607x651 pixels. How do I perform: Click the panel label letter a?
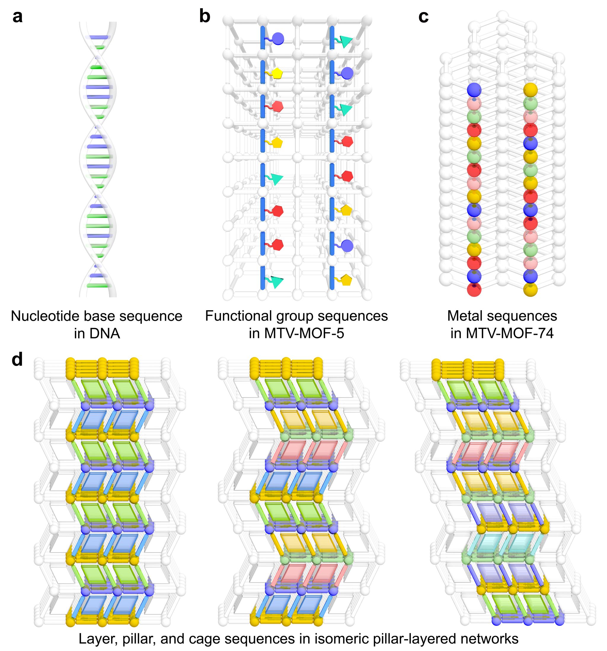click(17, 17)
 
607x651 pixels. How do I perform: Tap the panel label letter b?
click(205, 16)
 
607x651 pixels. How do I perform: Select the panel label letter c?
click(423, 17)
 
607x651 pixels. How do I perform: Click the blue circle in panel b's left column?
click(278, 38)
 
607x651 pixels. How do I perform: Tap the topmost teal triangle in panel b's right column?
click(346, 41)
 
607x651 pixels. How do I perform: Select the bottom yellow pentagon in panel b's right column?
click(346, 280)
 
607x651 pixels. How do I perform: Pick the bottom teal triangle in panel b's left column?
click(277, 282)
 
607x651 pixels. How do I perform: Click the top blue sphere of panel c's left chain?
click(474, 89)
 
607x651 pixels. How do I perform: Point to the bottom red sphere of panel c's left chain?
click(474, 290)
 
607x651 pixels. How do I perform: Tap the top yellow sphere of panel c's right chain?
click(530, 89)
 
